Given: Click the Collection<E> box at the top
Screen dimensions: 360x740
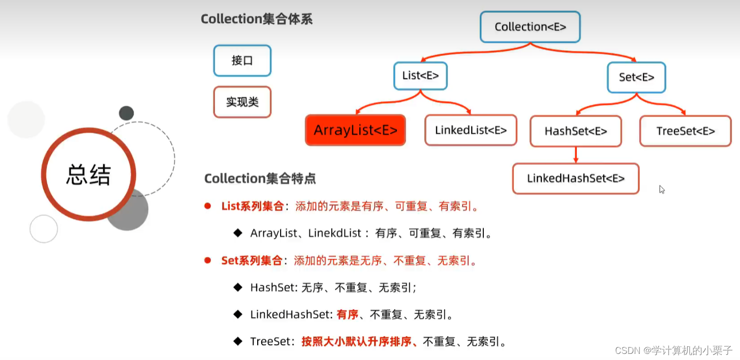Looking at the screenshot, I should [x=530, y=27].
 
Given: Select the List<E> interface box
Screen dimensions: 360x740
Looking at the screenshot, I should [x=420, y=76].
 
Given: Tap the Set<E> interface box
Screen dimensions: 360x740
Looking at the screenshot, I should [x=636, y=77].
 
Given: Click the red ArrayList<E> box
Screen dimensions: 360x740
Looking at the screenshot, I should [x=355, y=130].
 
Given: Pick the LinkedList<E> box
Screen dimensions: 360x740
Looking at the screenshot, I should [x=471, y=130].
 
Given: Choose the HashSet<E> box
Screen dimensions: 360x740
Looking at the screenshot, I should [x=576, y=131].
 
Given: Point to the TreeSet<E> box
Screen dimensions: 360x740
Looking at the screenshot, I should [x=686, y=131].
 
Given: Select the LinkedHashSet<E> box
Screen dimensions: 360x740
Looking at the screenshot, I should [x=575, y=178].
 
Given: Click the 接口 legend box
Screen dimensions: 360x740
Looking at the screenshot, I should [x=242, y=61].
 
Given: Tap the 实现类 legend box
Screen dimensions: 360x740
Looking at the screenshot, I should [x=242, y=102].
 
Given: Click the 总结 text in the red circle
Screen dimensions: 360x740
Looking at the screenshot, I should [x=88, y=175].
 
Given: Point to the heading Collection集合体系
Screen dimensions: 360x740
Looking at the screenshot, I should [x=257, y=19].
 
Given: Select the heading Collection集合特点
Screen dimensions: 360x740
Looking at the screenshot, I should [x=260, y=178].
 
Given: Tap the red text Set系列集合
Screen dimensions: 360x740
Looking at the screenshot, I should [x=252, y=261].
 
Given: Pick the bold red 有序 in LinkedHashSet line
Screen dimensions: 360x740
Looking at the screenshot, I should [x=348, y=315].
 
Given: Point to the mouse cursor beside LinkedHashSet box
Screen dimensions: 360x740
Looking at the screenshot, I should [x=662, y=189].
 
